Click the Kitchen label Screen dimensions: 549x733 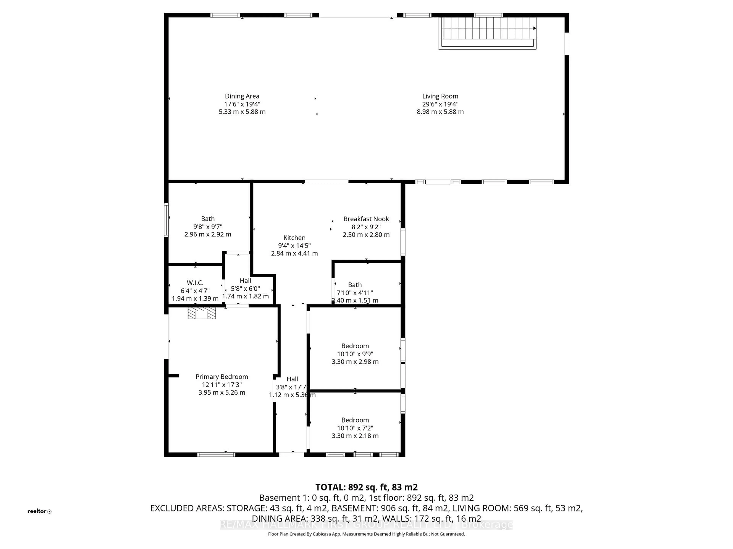[294, 238]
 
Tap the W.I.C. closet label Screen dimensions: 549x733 [195, 283]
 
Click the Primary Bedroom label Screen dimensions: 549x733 [222, 377]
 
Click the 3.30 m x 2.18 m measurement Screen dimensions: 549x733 [355, 436]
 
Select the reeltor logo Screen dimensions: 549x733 [39, 511]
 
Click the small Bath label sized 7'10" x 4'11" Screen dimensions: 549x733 [355, 285]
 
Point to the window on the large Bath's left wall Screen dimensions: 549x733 [166, 220]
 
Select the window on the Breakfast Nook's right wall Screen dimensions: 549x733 [403, 242]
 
